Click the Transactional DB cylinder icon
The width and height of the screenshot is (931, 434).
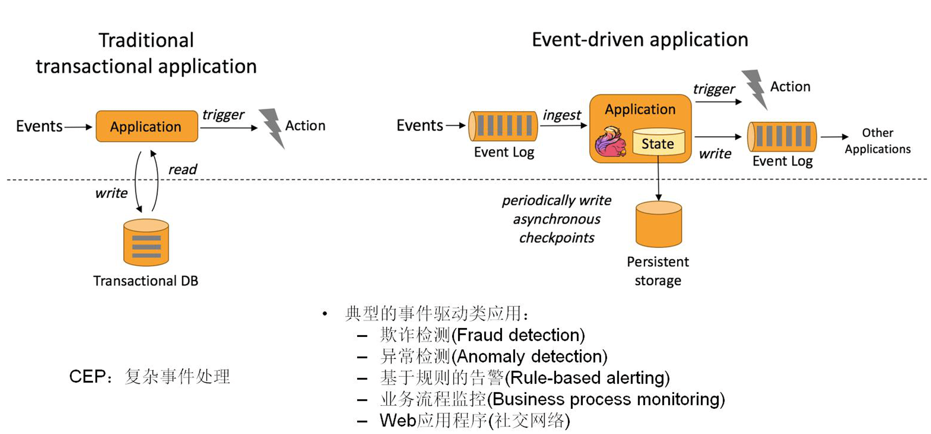[x=146, y=242]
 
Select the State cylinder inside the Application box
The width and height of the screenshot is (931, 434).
[x=658, y=142]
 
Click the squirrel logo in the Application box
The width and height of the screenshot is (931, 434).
[x=610, y=142]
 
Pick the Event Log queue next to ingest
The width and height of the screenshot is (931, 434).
[x=503, y=126]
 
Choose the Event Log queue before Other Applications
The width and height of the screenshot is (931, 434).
[x=782, y=136]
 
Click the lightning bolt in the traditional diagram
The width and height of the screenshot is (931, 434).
[x=272, y=128]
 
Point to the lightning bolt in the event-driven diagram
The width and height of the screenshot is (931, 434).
[x=755, y=88]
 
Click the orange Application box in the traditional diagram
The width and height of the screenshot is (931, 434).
[x=146, y=127]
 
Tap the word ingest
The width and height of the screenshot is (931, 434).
[x=561, y=115]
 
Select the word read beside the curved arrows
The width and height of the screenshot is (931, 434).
[x=183, y=170]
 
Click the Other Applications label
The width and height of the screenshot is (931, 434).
[x=877, y=141]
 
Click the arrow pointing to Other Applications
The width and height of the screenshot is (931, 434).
[x=834, y=137]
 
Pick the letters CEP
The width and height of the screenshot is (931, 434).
[x=87, y=377]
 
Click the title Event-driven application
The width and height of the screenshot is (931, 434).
[x=640, y=40]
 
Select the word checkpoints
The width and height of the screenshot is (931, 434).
[x=557, y=238]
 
